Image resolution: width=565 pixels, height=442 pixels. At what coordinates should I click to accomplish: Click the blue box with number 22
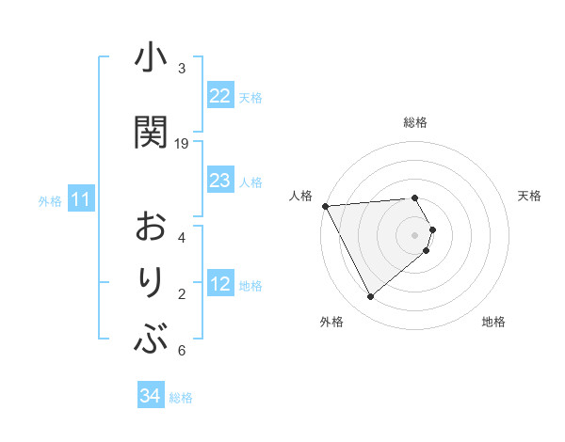pos(219,96)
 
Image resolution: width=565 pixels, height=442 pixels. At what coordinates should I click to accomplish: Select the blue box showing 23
pos(219,181)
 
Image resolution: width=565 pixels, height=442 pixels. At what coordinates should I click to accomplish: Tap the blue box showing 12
pos(219,284)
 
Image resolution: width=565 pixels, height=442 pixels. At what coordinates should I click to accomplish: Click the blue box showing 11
pos(80,199)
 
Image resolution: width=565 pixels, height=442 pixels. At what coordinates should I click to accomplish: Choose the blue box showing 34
pos(150,396)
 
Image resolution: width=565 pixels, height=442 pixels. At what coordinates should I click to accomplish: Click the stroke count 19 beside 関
pos(182,143)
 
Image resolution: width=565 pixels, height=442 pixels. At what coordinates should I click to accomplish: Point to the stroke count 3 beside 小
pos(182,68)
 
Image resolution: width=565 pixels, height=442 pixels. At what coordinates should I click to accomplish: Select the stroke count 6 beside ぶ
pos(182,351)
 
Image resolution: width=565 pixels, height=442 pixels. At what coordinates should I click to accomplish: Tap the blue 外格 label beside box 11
pos(49,200)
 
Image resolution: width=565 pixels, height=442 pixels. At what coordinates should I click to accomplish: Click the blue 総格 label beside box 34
pos(181,397)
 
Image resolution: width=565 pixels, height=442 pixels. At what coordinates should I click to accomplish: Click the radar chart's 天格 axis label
pos(530,196)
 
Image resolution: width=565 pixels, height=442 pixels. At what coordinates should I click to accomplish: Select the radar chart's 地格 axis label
pos(493,322)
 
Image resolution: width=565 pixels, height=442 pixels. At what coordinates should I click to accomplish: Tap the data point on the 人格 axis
pos(325,205)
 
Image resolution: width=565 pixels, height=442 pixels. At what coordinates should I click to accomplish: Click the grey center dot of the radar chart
pos(415,233)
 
